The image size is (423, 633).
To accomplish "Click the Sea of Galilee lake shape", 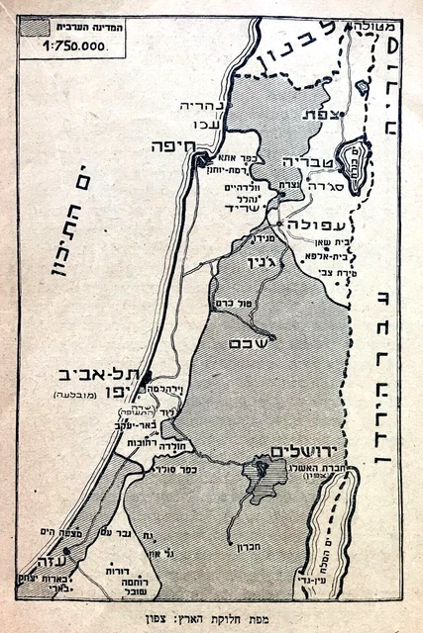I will click(x=351, y=151).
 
